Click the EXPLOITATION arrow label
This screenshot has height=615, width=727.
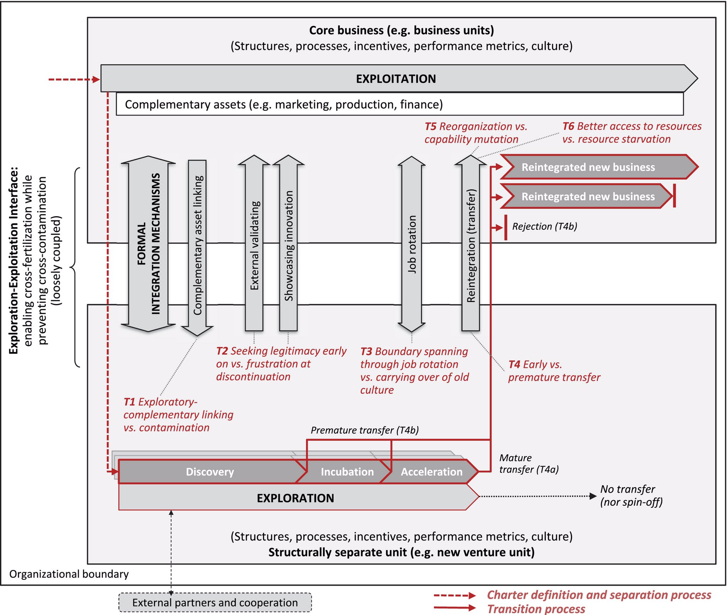tap(396, 78)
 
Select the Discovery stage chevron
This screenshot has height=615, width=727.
tap(210, 472)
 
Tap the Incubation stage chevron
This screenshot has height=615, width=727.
tap(347, 472)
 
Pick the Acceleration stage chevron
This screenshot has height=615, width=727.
tap(431, 472)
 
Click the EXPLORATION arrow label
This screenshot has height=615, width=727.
tap(295, 498)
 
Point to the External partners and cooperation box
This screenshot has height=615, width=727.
tap(215, 603)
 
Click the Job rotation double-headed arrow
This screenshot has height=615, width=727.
tap(411, 244)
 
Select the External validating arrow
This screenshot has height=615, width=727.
tap(254, 245)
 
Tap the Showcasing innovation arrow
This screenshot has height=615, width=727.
tap(289, 245)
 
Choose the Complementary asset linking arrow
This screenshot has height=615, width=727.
tap(197, 245)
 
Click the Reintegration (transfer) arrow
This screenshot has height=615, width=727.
tap(471, 245)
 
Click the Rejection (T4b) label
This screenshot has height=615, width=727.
tap(545, 227)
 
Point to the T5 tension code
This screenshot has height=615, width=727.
tap(430, 126)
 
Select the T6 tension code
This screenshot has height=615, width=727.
tap(568, 126)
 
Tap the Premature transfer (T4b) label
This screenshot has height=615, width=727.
tap(365, 430)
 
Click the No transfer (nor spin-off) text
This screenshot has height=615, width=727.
tap(631, 495)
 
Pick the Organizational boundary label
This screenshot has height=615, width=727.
tap(69, 574)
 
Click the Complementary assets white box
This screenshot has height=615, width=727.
tap(399, 104)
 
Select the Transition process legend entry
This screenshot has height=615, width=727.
tap(536, 609)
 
